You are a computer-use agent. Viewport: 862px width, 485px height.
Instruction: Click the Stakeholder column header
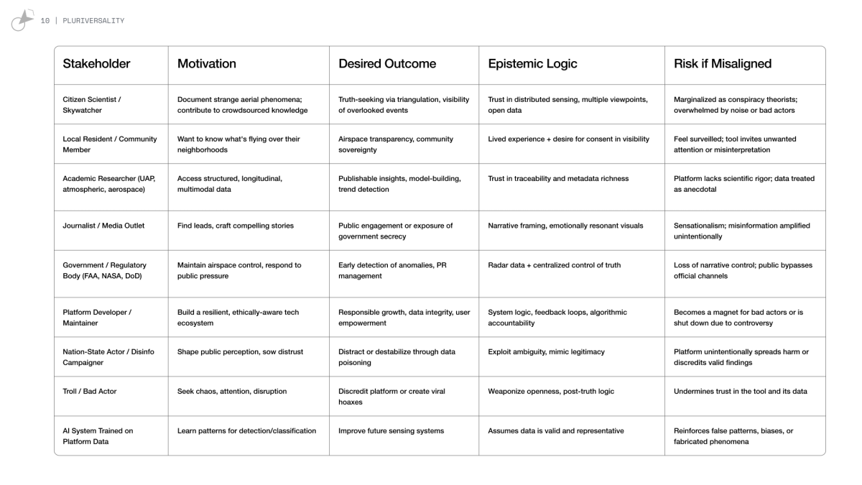pos(96,64)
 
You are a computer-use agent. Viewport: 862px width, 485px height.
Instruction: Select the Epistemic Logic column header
pos(532,64)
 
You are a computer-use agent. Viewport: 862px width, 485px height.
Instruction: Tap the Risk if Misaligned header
pos(722,64)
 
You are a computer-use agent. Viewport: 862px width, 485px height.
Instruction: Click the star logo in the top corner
pos(23,20)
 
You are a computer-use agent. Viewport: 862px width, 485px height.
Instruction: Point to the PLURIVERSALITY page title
pos(93,21)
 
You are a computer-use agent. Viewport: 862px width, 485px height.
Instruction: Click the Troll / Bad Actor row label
pos(90,392)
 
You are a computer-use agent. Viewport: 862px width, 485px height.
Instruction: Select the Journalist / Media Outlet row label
pos(103,226)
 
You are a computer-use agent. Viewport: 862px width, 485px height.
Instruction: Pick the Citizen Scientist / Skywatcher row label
pos(92,105)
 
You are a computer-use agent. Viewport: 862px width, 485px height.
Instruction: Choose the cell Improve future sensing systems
pos(391,431)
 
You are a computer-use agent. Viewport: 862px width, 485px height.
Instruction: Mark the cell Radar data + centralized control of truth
pos(555,265)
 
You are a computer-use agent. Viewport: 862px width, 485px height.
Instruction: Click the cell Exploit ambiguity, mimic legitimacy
pos(546,352)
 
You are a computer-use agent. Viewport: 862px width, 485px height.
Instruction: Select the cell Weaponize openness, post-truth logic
pos(551,392)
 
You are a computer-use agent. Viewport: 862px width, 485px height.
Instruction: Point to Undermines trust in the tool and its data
pos(740,392)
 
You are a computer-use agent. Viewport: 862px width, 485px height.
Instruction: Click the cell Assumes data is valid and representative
pos(556,431)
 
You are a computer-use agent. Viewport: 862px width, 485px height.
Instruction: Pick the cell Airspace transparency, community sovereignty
pos(396,144)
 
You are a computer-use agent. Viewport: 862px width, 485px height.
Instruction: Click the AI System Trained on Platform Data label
pos(98,436)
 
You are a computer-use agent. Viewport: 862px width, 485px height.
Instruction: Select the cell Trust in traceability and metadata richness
pos(558,179)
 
